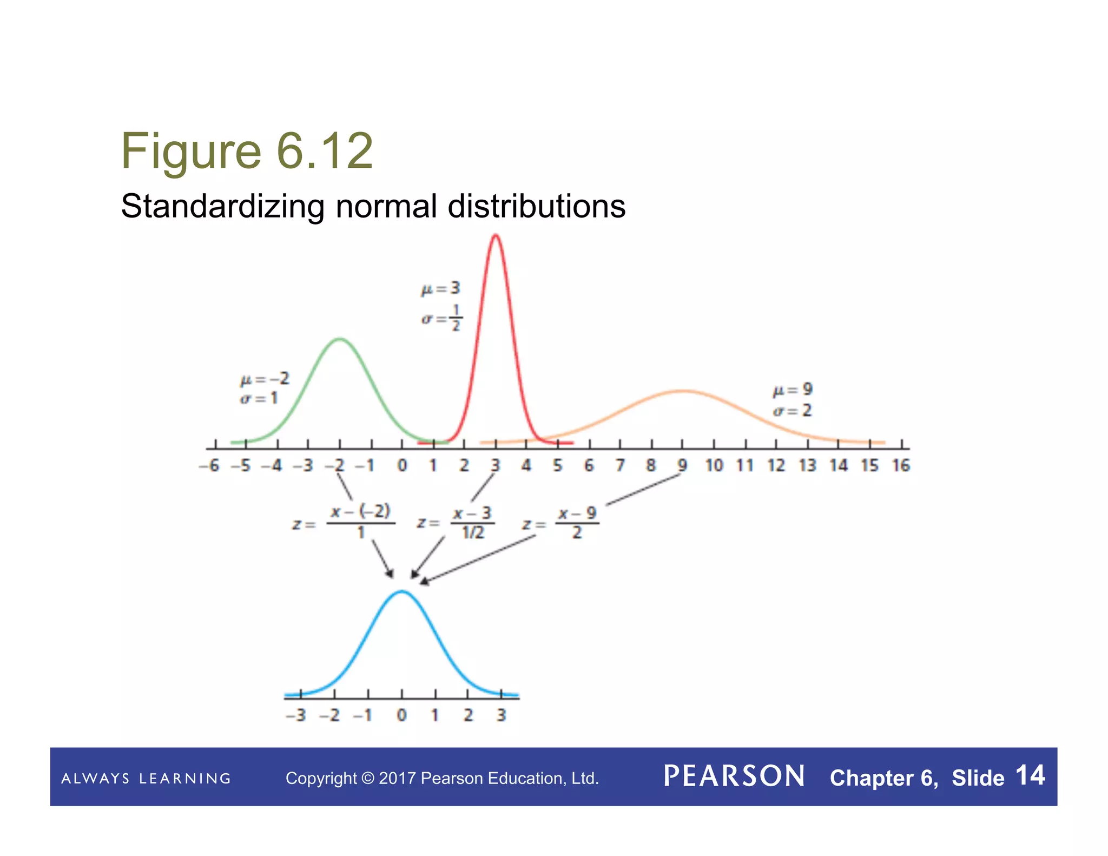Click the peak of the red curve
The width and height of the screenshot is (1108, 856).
click(x=495, y=235)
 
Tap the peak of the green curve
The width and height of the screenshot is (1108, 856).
click(x=339, y=339)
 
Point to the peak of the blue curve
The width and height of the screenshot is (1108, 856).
click(x=402, y=591)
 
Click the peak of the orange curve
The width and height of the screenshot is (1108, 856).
click(x=683, y=391)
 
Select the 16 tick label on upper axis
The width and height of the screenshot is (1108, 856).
click(x=901, y=465)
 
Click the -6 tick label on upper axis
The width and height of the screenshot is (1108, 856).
click(x=209, y=465)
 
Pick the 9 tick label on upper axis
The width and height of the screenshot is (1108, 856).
click(x=682, y=465)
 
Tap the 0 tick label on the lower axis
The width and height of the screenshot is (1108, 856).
click(x=401, y=715)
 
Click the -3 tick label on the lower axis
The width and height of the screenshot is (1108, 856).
click(x=296, y=715)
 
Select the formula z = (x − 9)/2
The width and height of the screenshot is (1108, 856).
click(x=560, y=523)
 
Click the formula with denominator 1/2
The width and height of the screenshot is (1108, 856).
click(x=456, y=523)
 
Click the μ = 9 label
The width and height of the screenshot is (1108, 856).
click(x=792, y=390)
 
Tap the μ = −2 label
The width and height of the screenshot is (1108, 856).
click(x=265, y=379)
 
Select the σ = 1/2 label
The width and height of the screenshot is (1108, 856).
click(x=441, y=318)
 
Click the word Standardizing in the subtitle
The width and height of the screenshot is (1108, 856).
click(x=222, y=207)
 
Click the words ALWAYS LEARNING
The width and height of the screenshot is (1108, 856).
click(x=146, y=779)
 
